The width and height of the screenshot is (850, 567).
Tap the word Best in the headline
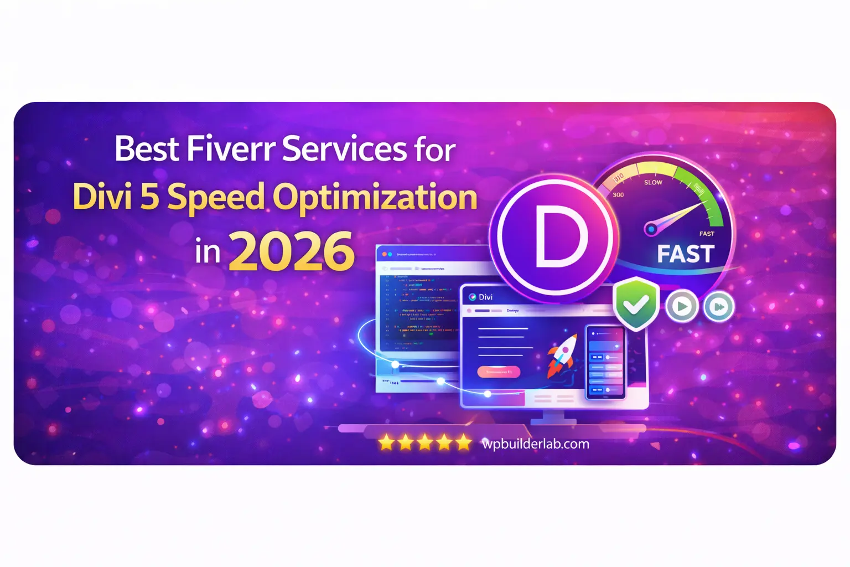pos(147,150)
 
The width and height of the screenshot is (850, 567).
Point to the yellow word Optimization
pos(375,198)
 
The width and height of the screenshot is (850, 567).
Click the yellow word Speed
pos(216,198)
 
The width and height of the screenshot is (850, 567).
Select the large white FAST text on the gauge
pos(686,254)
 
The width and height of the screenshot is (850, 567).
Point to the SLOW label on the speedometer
pos(653,182)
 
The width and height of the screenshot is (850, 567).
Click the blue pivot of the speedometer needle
pos(651,229)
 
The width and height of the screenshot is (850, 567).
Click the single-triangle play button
pos(681,306)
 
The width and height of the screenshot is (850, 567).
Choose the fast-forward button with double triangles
pos(718,306)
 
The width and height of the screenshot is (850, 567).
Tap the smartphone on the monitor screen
pos(605,362)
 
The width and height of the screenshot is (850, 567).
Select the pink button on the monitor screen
pos(498,372)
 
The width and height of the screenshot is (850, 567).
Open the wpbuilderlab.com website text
pos(535,444)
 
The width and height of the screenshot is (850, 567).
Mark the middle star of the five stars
pos(424,442)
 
